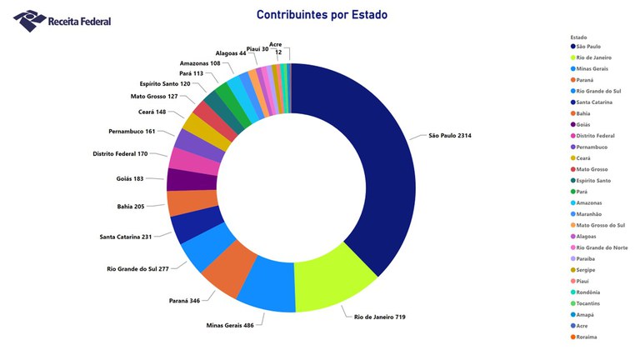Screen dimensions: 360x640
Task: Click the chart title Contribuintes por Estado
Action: point(322,15)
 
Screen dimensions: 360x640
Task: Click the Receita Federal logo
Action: point(62,19)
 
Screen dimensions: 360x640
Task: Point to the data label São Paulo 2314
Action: point(456,135)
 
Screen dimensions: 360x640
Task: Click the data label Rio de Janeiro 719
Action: point(379,317)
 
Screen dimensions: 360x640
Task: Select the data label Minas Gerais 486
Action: point(230,324)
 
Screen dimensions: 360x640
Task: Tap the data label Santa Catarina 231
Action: point(125,237)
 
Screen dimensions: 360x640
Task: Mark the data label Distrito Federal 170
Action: point(120,153)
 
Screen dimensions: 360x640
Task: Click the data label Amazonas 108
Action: point(200,63)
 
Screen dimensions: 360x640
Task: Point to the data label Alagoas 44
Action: point(231,52)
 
